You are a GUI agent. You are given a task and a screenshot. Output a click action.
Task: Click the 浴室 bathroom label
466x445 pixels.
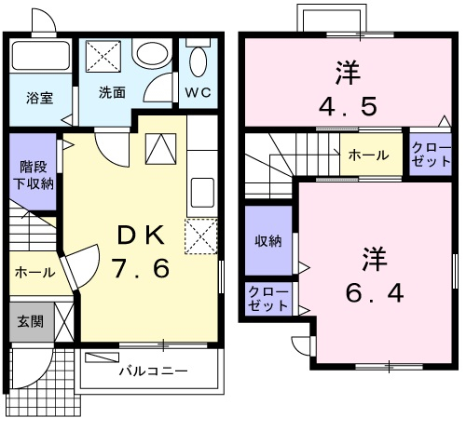(39, 98)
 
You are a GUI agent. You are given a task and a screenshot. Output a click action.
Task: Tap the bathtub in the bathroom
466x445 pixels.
(40, 55)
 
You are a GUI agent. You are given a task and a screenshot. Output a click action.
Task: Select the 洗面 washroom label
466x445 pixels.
(112, 92)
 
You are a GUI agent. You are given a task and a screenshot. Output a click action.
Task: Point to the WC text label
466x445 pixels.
(199, 93)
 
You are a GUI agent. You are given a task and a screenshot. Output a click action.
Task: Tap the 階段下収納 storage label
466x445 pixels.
(33, 175)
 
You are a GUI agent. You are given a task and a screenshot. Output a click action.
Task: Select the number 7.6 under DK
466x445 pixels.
(141, 268)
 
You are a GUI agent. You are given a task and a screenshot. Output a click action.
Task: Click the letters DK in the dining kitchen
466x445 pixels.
(141, 235)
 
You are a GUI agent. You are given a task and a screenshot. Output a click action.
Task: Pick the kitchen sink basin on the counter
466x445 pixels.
(202, 193)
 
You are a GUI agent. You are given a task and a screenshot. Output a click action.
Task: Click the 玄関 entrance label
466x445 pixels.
(30, 321)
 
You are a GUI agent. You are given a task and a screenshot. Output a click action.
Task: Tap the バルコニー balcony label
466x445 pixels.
(154, 371)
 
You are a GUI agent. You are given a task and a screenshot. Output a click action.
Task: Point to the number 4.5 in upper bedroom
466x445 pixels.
(348, 106)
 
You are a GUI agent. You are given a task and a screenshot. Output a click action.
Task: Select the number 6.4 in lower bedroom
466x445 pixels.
(375, 292)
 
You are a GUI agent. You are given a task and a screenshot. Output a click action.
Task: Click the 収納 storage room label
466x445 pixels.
(268, 241)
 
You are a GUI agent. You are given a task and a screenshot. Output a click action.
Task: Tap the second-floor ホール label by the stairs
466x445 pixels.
(368, 155)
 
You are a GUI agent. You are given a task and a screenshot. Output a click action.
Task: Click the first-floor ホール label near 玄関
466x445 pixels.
(34, 273)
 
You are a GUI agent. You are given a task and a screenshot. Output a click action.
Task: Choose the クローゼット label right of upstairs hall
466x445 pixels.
(431, 155)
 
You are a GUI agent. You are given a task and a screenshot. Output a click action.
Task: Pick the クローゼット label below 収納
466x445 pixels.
(268, 299)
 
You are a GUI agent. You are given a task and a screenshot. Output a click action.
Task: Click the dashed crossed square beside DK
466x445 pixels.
(201, 236)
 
